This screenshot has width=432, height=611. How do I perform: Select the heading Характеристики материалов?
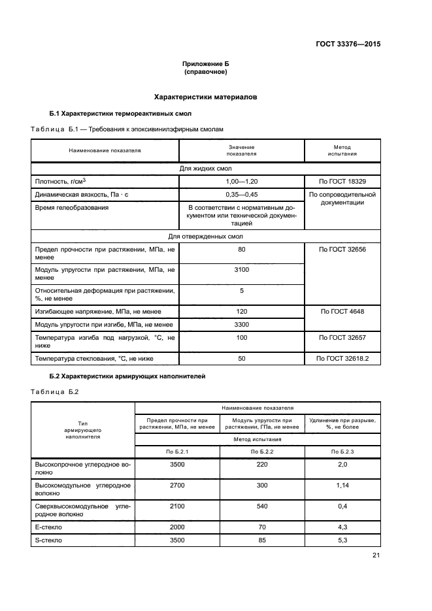(205, 97)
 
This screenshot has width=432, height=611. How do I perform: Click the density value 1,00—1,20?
(241, 181)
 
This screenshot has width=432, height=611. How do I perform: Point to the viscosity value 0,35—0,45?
(241, 195)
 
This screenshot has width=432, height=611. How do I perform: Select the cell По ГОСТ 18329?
(342, 181)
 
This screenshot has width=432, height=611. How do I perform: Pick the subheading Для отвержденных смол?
(205, 236)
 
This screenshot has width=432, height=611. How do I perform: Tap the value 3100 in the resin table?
(241, 269)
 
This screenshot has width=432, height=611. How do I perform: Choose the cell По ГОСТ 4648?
(342, 311)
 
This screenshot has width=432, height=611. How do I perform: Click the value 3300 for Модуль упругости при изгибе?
(241, 324)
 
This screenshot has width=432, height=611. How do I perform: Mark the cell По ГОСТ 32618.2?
(342, 359)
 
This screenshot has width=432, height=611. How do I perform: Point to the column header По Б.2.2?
(261, 452)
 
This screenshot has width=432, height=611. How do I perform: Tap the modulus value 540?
(261, 506)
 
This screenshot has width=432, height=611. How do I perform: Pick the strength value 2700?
(176, 486)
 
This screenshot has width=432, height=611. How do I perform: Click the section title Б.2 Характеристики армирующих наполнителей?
(127, 376)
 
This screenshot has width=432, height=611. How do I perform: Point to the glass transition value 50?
(241, 359)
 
